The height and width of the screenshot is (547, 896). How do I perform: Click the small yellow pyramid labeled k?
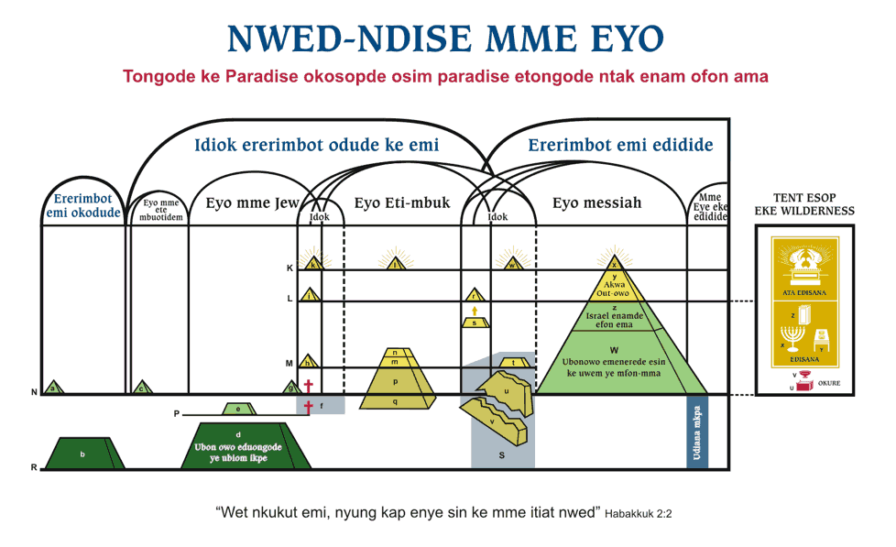pyautogui.click(x=314, y=265)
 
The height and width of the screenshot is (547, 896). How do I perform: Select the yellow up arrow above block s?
pyautogui.click(x=474, y=311)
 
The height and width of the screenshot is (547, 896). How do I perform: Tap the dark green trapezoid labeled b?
pyautogui.click(x=83, y=454)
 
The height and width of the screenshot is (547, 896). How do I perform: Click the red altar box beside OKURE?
pyautogui.click(x=805, y=386)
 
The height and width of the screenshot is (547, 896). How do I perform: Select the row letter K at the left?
pyautogui.click(x=290, y=268)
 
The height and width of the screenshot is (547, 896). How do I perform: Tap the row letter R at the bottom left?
pyautogui.click(x=34, y=468)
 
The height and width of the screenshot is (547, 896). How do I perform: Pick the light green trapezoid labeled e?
pyautogui.click(x=239, y=409)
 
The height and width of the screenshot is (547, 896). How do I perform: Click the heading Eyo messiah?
pyautogui.click(x=596, y=203)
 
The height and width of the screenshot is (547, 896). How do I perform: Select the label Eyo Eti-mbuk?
pyautogui.click(x=402, y=203)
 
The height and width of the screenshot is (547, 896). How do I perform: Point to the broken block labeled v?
pyautogui.click(x=496, y=421)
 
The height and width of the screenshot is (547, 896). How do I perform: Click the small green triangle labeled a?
pyautogui.click(x=54, y=388)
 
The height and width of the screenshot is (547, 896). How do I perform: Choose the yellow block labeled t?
pyautogui.click(x=515, y=363)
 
